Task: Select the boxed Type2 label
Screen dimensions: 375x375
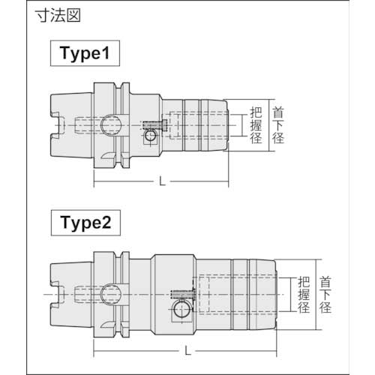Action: click(85, 223)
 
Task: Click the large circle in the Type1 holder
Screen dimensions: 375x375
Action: click(112, 123)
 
